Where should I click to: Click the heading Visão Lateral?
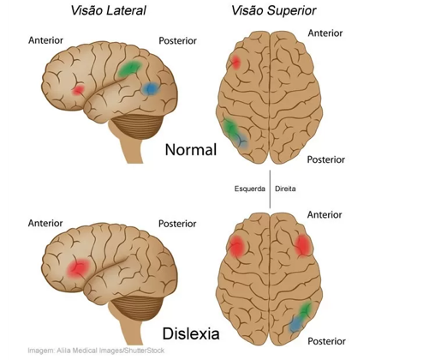point(109,10)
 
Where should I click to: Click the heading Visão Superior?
point(274,10)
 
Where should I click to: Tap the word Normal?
point(191,149)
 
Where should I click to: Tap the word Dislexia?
point(191,333)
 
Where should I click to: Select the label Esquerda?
point(250,189)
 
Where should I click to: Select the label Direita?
point(285,189)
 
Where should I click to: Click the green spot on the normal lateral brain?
point(130,69)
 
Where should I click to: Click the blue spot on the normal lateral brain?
point(151,88)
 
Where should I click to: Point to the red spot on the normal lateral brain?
point(78,90)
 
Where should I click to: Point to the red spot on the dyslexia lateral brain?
point(79,268)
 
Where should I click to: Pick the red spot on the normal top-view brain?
point(235,63)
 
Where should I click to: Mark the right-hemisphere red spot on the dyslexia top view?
point(303,245)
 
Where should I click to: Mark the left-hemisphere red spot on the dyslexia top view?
point(236,246)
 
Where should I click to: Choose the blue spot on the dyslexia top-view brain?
point(296,324)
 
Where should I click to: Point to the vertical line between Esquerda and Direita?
point(270,189)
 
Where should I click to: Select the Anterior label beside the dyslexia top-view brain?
point(325,215)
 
